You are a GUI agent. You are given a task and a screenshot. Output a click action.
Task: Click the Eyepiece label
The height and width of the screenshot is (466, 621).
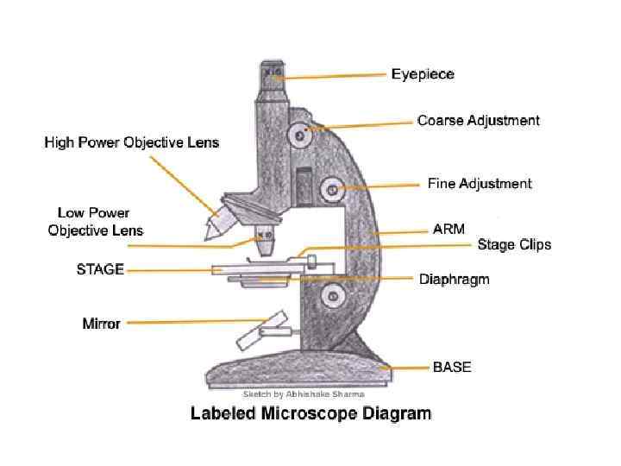[x=423, y=74]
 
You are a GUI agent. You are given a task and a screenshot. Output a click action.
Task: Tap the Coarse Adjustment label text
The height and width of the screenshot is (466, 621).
[x=478, y=121]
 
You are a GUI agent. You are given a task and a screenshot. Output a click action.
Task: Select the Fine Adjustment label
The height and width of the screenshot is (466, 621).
[x=480, y=184]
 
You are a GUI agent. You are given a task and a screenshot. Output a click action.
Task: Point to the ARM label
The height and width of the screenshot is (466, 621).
[x=448, y=230]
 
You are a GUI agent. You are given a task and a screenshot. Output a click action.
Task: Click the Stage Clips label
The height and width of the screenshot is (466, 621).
[x=514, y=245]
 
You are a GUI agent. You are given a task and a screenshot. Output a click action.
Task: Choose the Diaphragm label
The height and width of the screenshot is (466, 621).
[x=454, y=280]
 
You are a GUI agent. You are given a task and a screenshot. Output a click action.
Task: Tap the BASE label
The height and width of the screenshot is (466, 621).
[x=452, y=368]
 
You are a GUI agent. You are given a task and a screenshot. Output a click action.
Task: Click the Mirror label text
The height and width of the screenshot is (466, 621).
[x=101, y=324]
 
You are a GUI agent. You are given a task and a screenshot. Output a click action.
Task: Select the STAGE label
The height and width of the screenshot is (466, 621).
[x=100, y=269]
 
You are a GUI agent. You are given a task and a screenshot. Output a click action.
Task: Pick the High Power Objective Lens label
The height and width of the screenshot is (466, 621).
[x=132, y=142]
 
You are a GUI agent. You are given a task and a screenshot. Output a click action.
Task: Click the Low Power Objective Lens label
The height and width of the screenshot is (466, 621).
[x=95, y=222]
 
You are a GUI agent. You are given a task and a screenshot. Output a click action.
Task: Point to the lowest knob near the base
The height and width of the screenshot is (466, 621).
[x=331, y=298]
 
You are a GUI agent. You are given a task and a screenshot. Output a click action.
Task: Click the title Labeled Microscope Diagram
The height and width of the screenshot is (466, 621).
[x=310, y=414]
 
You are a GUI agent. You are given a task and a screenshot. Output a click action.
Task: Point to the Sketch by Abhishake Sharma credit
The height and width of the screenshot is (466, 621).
[x=297, y=394]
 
